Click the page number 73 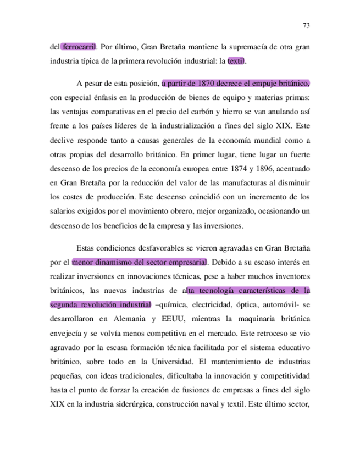[x=307, y=25]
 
